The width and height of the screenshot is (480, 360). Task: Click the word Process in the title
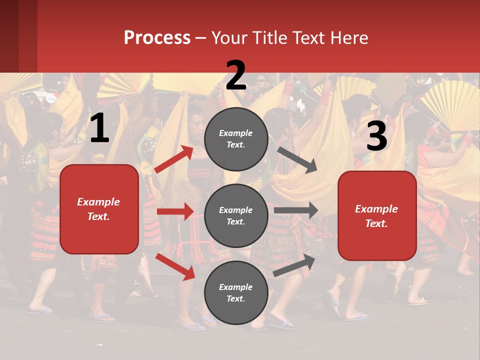click(x=157, y=38)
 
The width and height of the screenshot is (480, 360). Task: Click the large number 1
click(x=99, y=128)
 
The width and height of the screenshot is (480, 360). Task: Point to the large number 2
click(x=236, y=75)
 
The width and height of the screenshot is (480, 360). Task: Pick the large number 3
click(x=376, y=136)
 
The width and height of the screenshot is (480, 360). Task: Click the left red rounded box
click(x=99, y=209)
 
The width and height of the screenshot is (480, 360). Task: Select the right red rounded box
click(x=377, y=216)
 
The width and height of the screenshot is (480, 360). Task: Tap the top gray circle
click(x=236, y=139)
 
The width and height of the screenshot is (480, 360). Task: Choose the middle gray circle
click(x=236, y=215)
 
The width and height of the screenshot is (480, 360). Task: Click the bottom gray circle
click(x=236, y=292)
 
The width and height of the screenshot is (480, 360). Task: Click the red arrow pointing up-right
click(x=174, y=159)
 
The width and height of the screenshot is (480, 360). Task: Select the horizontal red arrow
click(x=175, y=211)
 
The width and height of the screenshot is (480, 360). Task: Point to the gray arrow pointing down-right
click(x=297, y=159)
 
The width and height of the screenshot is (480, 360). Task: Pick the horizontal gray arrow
click(x=296, y=210)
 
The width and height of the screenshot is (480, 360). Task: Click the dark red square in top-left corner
click(x=18, y=36)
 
